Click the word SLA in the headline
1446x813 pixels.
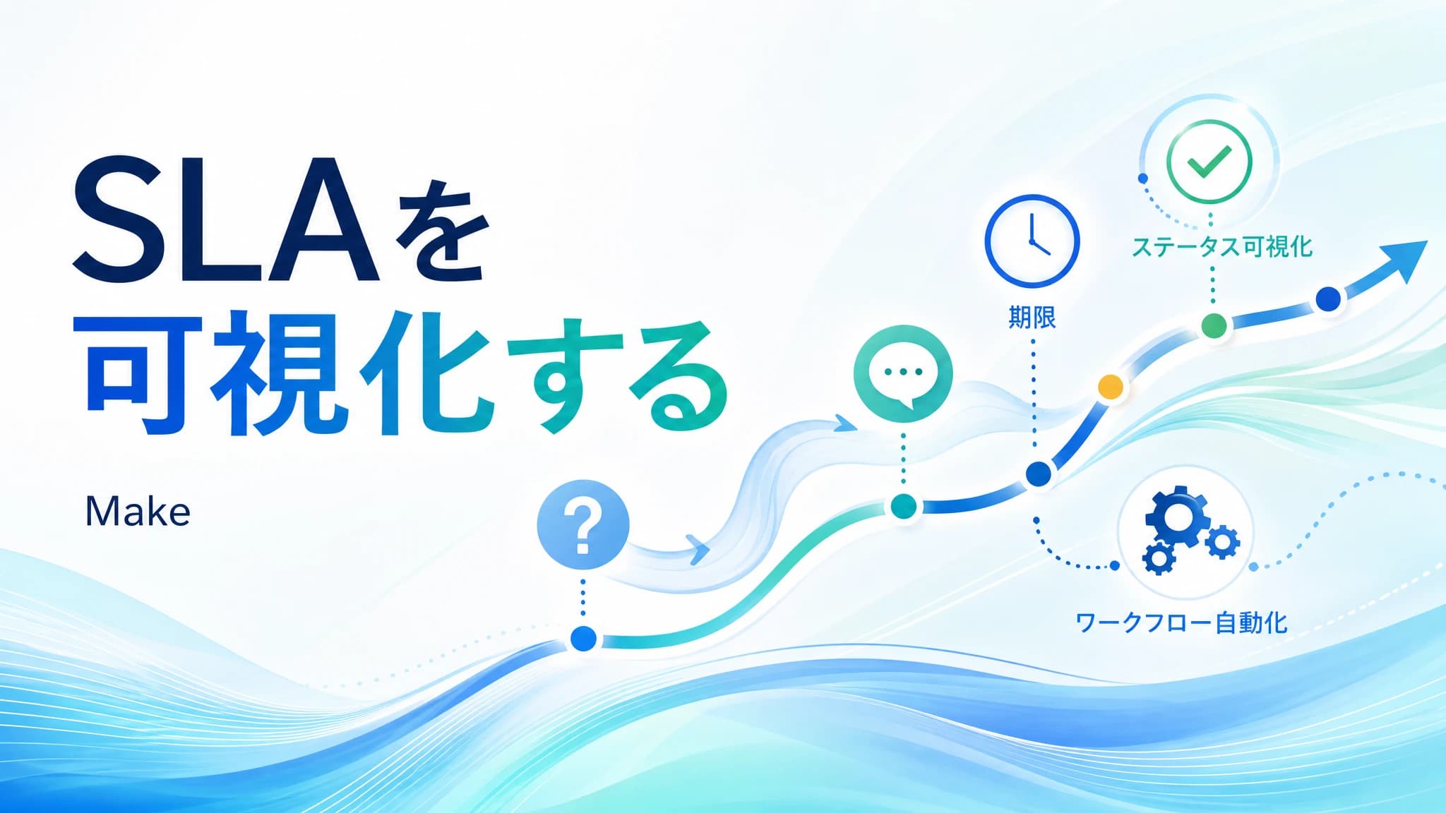226,219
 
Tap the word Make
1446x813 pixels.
138,512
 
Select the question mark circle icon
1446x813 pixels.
582,525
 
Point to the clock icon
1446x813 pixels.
1032,241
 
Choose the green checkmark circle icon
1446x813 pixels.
1209,162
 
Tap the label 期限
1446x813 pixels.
1032,318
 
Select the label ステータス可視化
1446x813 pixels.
1222,247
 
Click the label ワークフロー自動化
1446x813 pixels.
1181,623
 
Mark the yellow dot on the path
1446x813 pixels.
1111,387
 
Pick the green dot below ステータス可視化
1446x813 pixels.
1214,326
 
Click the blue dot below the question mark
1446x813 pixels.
583,639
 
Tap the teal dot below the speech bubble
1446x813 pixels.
903,506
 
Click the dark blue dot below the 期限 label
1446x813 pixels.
1039,474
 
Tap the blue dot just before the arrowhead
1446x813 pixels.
1328,299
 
